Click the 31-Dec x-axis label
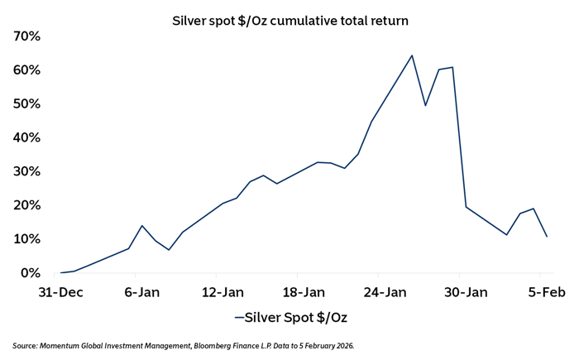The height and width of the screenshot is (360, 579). point(60,292)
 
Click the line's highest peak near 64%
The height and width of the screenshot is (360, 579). point(412,55)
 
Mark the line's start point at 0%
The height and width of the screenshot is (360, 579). point(61,272)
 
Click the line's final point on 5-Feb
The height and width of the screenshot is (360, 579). point(547,237)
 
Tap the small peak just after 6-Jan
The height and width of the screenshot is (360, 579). point(142,226)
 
